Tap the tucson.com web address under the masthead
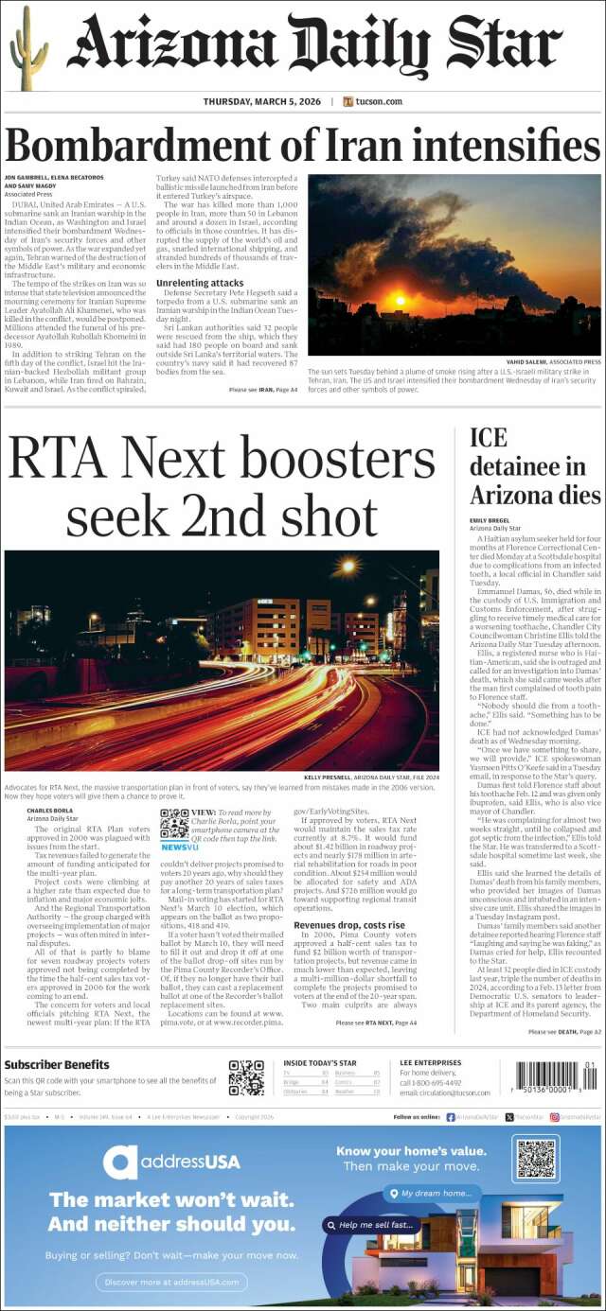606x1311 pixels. (x=379, y=101)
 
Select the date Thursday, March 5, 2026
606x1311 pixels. (x=261, y=101)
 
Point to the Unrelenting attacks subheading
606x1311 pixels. (x=200, y=283)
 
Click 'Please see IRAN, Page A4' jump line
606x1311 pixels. (x=263, y=389)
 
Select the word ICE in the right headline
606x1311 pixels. (x=489, y=438)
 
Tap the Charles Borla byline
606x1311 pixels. (x=48, y=811)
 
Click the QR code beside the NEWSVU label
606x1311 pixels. (x=173, y=824)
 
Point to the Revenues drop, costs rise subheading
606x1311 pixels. (x=348, y=925)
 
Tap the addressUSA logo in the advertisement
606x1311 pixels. (x=172, y=1161)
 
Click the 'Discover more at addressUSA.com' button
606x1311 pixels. (x=171, y=1282)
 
